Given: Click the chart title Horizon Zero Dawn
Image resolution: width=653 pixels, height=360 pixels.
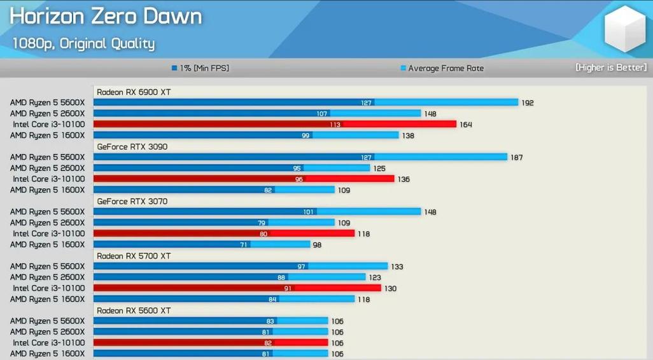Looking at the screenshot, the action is pos(106,17).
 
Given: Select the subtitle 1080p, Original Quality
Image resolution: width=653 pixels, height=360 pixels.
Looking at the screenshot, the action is pos(83,43).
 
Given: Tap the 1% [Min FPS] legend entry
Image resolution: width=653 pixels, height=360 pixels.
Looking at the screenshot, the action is pos(200,68).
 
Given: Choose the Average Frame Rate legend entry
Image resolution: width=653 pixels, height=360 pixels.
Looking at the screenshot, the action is pos(442,68).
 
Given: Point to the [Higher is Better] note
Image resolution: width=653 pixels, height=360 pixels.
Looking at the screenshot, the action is pos(611,67).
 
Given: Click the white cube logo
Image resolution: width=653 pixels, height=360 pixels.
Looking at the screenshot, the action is pos(625,29).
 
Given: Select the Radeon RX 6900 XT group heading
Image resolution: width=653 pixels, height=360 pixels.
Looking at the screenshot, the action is pos(134,92).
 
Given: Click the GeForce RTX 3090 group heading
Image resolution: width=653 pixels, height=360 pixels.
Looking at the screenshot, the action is pos(132,146).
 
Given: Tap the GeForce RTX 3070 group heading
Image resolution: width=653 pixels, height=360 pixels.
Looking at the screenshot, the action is pos(132,202).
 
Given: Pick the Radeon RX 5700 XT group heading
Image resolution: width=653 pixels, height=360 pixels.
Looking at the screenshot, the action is pos(134,256).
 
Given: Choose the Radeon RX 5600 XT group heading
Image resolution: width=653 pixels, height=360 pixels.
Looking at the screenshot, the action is pos(134,310).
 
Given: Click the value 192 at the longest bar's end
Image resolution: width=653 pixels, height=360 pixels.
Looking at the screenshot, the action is pos(527,103).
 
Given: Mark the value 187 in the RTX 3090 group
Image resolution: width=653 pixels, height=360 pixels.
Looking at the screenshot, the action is pos(516,157).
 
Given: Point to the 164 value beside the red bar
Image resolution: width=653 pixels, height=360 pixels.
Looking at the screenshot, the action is pos(466,125).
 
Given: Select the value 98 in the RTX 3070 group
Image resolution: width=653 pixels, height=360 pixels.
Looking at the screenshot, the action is pos(317,245).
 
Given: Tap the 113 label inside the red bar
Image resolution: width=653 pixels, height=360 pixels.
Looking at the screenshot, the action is pos(335,125).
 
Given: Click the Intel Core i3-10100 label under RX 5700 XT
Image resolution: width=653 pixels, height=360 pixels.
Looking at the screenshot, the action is pos(49,288).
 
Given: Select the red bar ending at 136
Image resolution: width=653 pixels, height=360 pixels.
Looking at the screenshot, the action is pos(244,179).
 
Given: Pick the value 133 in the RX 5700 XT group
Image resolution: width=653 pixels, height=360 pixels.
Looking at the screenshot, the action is pos(397,267).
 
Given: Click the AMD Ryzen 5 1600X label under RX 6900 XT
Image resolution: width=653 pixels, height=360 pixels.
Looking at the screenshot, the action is pos(47,135).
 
